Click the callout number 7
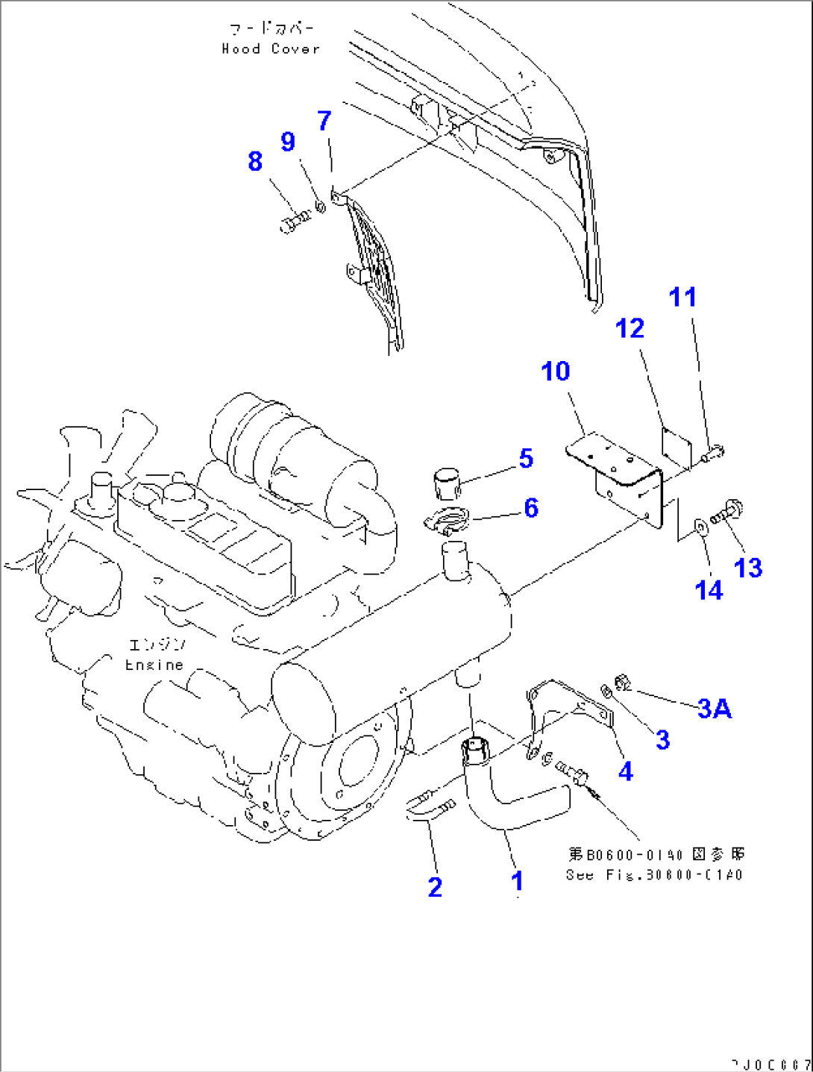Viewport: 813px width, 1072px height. point(324,121)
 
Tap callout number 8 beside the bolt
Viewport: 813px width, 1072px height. point(255,161)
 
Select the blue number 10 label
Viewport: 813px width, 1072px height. point(555,372)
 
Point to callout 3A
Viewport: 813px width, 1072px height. point(714,709)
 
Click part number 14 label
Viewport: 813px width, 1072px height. point(708,590)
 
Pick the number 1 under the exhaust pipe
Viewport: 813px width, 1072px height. point(517,881)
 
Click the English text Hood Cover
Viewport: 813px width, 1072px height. point(271,49)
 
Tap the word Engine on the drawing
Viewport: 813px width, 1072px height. point(154,665)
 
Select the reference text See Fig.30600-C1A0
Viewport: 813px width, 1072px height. point(654,875)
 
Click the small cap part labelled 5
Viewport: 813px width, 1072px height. point(446,483)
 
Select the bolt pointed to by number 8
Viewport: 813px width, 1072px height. point(295,221)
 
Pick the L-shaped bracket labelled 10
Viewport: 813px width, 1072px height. point(619,477)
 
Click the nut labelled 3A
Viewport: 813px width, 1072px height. point(623,681)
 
